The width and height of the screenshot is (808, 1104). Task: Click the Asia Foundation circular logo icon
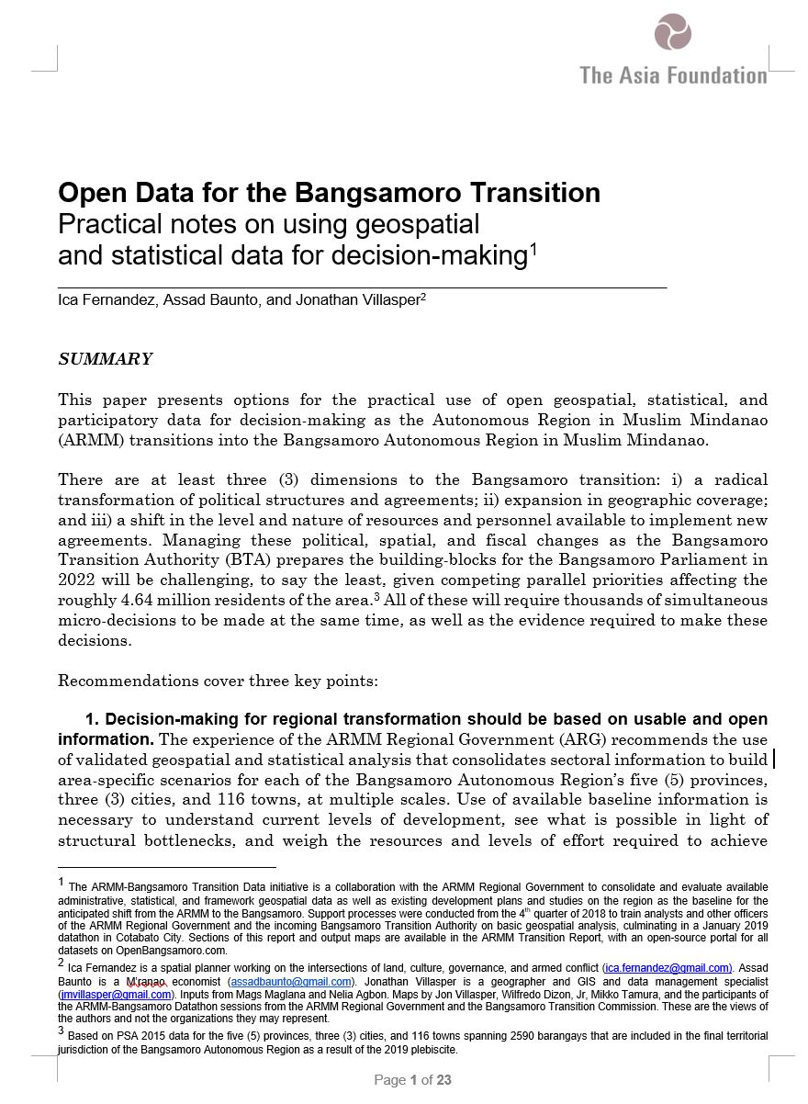coord(673,31)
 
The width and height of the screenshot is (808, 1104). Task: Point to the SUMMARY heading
coord(105,359)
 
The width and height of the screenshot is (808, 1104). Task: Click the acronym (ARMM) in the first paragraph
coord(88,440)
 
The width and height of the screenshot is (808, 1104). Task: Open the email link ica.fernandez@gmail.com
coord(668,967)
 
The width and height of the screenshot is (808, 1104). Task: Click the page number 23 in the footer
coord(443,1080)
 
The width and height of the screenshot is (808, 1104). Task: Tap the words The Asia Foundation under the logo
coord(673,75)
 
